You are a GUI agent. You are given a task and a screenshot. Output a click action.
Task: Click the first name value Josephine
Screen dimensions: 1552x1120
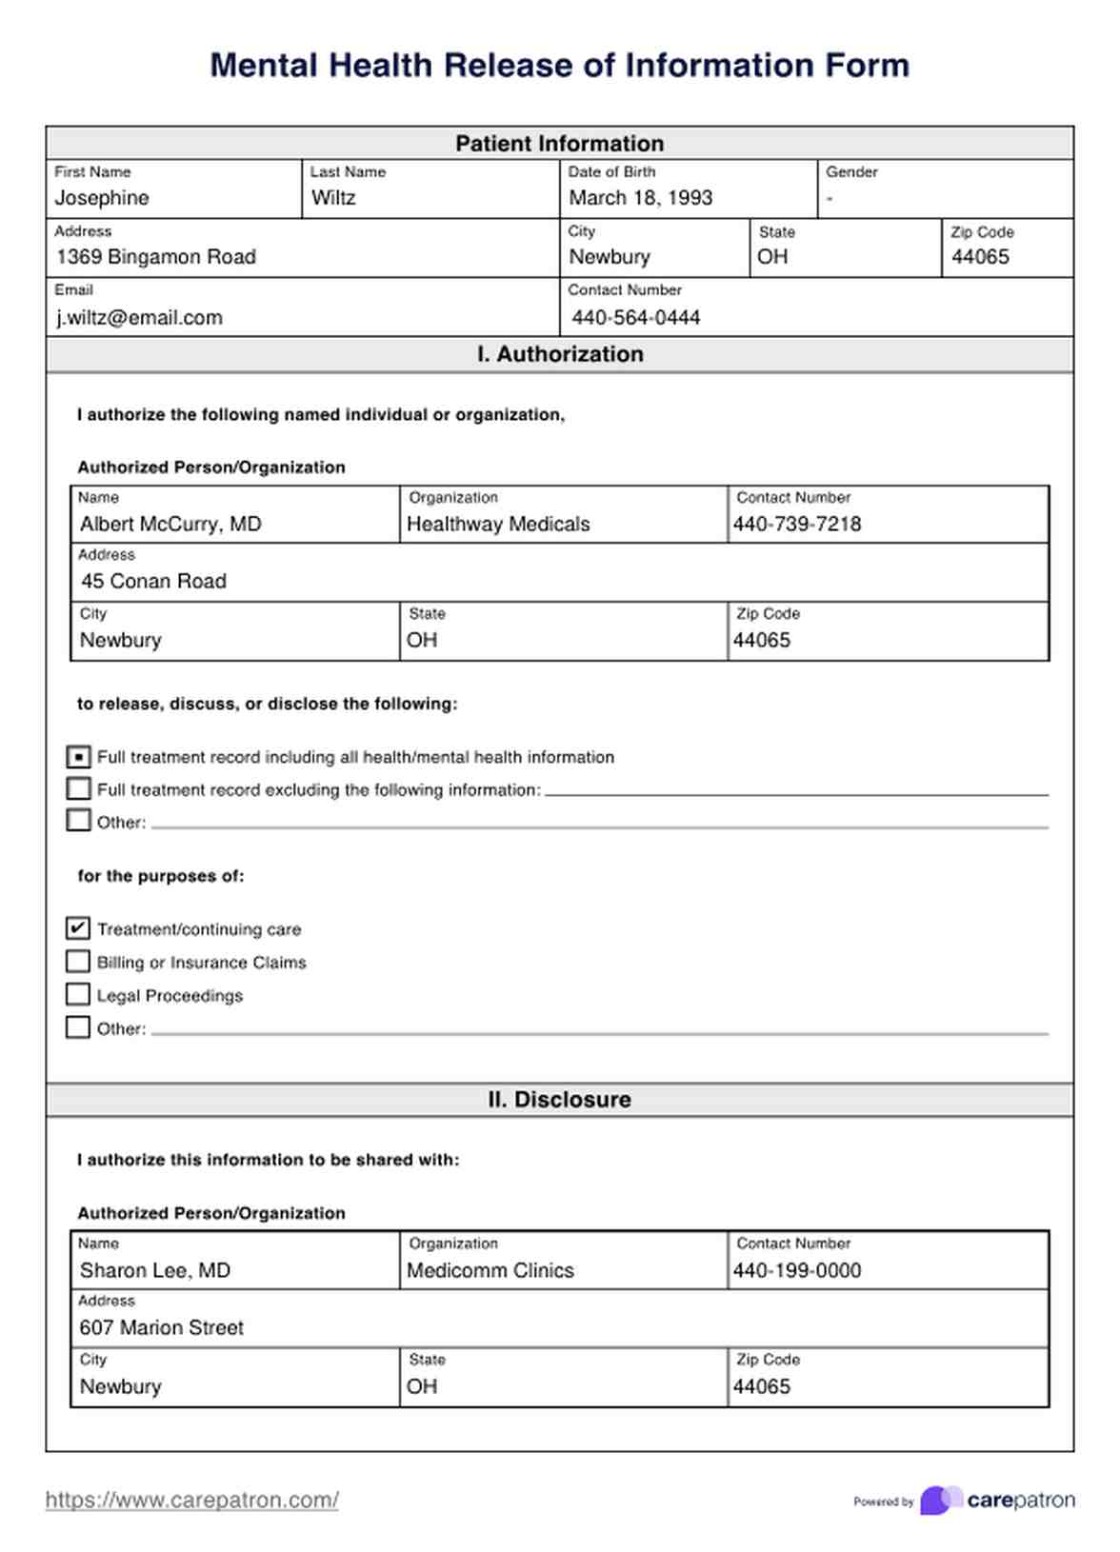pos(102,198)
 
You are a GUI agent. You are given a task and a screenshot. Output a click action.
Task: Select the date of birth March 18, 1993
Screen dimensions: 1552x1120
pos(640,198)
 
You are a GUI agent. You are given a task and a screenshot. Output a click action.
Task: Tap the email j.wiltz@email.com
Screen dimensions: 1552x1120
pos(139,318)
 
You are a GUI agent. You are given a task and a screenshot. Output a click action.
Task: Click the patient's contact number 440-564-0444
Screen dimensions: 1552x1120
pos(635,318)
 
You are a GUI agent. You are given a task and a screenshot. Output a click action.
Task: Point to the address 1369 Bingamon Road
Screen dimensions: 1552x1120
pos(156,257)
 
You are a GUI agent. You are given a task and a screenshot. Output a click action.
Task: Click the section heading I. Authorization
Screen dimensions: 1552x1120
pos(559,354)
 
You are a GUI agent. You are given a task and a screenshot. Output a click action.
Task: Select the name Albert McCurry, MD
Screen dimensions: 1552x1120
pos(170,525)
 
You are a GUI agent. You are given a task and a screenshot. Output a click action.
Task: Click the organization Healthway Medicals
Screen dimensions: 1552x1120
pos(498,525)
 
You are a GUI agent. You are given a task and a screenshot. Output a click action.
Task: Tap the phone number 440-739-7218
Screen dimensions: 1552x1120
pos(796,525)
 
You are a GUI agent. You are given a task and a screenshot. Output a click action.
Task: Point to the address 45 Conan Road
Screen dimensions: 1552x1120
pos(153,582)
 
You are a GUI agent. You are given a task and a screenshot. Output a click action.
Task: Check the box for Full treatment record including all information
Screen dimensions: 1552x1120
pos(79,757)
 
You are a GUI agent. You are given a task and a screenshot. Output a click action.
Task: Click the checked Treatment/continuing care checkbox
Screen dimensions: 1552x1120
pos(79,928)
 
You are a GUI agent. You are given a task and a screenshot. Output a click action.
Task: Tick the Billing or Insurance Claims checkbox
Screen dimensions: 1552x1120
pos(79,962)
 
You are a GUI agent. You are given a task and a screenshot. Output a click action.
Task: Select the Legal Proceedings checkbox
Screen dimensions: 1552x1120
pos(79,995)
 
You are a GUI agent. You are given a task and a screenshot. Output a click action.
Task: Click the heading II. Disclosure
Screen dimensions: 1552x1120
pos(559,1100)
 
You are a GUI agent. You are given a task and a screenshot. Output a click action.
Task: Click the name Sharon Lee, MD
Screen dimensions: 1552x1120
pos(155,1271)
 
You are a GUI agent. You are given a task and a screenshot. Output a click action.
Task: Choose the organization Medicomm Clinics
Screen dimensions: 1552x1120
pos(490,1271)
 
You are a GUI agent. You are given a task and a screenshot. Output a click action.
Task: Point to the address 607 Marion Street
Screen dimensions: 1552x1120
pos(162,1328)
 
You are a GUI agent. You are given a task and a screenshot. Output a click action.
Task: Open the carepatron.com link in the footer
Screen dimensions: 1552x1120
pos(192,1501)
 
